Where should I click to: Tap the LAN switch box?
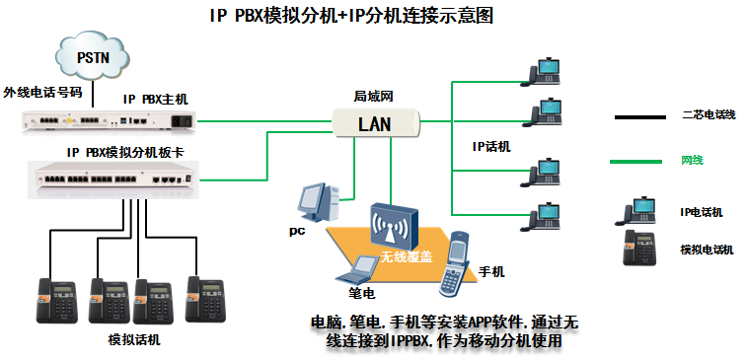pyautogui.click(x=375, y=123)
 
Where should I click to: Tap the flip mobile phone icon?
pyautogui.click(x=455, y=265)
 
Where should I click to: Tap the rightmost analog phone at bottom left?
pyautogui.click(x=205, y=298)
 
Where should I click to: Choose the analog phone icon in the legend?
pyautogui.click(x=639, y=247)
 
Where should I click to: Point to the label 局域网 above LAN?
pyautogui.click(x=374, y=97)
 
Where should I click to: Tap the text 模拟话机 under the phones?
pyautogui.click(x=132, y=340)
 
